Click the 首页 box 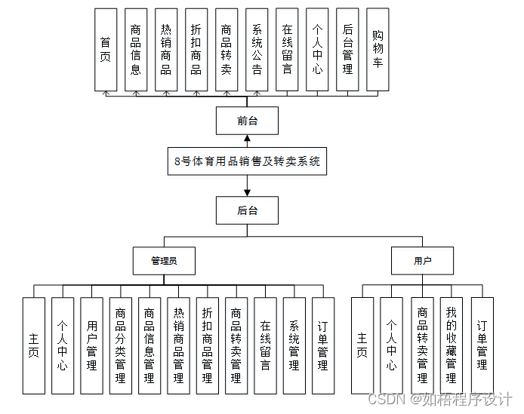(106, 50)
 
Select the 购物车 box (378, 50)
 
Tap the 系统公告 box (257, 50)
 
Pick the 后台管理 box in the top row (347, 50)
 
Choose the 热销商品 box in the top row (166, 50)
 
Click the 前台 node (247, 121)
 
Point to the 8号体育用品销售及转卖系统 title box (247, 161)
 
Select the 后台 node (247, 210)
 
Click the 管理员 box (164, 261)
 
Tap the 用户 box (423, 261)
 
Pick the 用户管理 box (91, 345)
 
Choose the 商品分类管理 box (120, 345)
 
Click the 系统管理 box (294, 345)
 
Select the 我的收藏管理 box (452, 345)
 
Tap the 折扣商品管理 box (207, 345)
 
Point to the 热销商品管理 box (178, 345)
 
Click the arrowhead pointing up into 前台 (247, 138)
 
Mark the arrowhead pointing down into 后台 (247, 192)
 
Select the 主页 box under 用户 (362, 345)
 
